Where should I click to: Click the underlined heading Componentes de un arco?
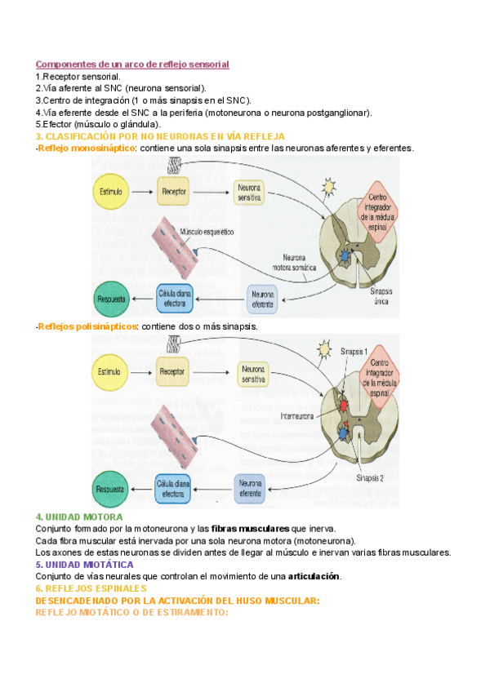tap(132, 64)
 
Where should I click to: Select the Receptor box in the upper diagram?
tap(175, 193)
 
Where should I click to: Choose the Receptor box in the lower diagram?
tap(175, 372)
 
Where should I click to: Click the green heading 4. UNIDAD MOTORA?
tap(79, 517)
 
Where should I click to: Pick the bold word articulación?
tap(313, 576)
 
